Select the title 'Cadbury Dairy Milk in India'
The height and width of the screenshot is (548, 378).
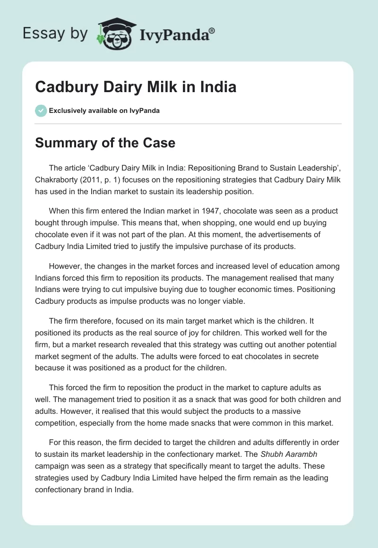click(x=136, y=87)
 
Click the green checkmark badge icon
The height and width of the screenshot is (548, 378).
click(x=41, y=111)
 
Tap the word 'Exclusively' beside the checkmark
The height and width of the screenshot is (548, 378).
click(x=67, y=111)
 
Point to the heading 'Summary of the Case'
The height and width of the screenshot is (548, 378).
click(x=105, y=143)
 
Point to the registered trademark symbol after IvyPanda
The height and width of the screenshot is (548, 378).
click(x=212, y=30)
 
